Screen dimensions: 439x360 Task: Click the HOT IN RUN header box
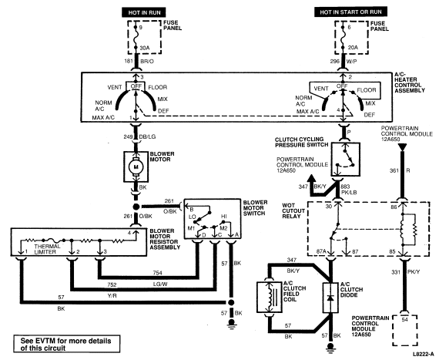(144, 12)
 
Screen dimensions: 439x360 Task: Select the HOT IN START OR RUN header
(350, 12)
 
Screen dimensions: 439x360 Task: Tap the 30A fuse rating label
(145, 49)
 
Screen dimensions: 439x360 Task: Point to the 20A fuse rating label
(353, 48)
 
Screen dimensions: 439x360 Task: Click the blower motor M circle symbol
(136, 167)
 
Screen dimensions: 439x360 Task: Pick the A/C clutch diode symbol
(330, 298)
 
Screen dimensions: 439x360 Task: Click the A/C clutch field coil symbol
(270, 297)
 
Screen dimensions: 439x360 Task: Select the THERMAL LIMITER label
(47, 249)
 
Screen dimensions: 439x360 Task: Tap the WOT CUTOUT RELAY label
(293, 210)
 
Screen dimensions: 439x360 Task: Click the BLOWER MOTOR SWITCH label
(255, 208)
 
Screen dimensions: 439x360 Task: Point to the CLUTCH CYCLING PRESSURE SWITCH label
(301, 143)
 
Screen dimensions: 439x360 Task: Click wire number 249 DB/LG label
(139, 137)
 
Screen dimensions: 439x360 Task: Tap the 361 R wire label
(400, 170)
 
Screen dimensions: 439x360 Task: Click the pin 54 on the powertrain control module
(404, 320)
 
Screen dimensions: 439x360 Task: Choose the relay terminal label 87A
(321, 251)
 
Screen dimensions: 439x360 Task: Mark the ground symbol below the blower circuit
(231, 323)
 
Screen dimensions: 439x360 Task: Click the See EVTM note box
(67, 344)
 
